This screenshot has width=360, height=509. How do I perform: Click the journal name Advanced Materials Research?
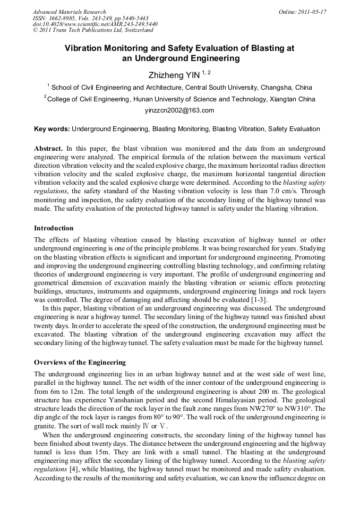(x=69, y=12)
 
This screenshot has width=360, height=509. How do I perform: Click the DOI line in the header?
(x=92, y=24)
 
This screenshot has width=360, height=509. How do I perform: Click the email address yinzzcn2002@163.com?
(x=179, y=110)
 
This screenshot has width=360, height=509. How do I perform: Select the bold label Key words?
(x=52, y=128)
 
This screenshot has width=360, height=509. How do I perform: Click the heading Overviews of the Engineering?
(x=80, y=363)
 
